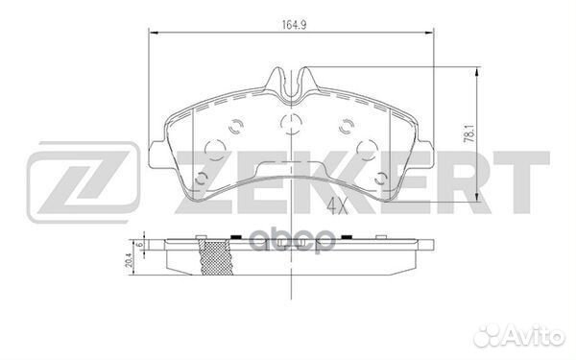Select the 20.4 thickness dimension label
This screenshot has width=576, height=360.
click(129, 256)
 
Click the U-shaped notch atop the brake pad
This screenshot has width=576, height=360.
click(291, 84)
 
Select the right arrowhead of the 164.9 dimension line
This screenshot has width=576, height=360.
click(429, 35)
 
